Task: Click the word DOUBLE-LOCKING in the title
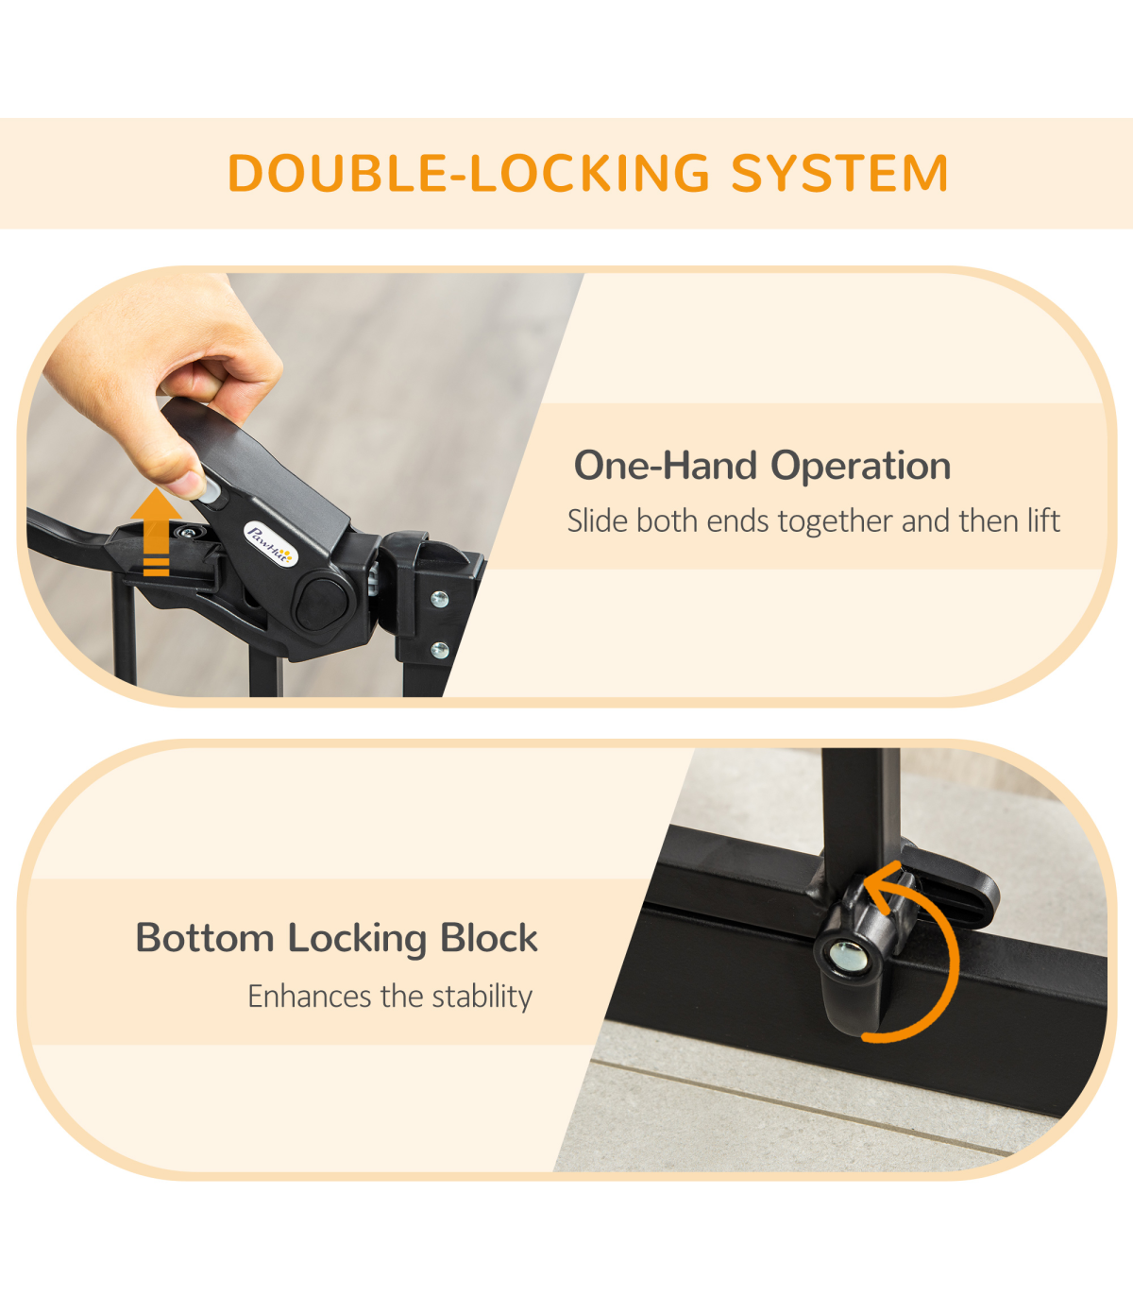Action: tap(469, 173)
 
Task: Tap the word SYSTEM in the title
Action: tap(840, 173)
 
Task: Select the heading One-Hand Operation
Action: tap(762, 466)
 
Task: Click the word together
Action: tap(836, 522)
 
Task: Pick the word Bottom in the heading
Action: tap(205, 937)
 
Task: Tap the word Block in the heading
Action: tap(489, 937)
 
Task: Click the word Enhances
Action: tap(310, 997)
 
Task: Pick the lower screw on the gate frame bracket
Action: tap(440, 649)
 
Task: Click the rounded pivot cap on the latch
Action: tap(322, 605)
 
